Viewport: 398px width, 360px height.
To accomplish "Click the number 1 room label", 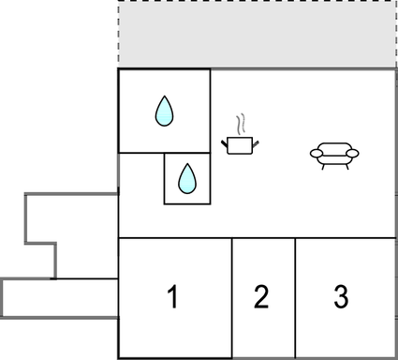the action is pyautogui.click(x=172, y=298).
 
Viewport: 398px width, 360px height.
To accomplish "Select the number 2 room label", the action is pyautogui.click(x=261, y=298).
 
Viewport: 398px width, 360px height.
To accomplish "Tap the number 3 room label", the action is pyautogui.click(x=341, y=298).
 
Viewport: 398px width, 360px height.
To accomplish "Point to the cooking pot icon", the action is pyautogui.click(x=240, y=144).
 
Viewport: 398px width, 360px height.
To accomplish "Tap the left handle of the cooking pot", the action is pyautogui.click(x=225, y=142).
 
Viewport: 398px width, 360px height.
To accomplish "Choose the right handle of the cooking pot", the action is pyautogui.click(x=256, y=142).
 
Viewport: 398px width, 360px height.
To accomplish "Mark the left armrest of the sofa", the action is pyautogui.click(x=315, y=154).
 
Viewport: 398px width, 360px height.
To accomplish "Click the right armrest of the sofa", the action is pyautogui.click(x=354, y=154).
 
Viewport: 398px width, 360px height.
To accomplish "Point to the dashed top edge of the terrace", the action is pyautogui.click(x=258, y=2).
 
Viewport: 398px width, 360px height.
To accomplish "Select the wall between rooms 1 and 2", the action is pyautogui.click(x=232, y=298).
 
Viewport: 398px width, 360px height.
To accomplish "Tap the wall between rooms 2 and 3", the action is pyautogui.click(x=295, y=298).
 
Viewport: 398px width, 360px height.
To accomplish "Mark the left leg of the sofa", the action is pyautogui.click(x=324, y=167).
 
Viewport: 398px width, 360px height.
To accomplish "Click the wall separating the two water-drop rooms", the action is pyautogui.click(x=186, y=153).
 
